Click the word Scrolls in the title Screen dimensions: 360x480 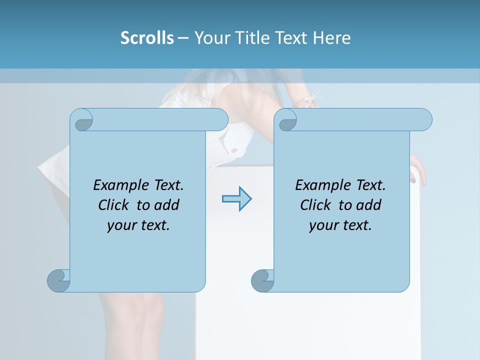(x=147, y=38)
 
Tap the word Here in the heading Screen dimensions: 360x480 (x=331, y=38)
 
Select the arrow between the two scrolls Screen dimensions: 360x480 (x=236, y=199)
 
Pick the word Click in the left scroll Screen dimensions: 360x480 (x=113, y=205)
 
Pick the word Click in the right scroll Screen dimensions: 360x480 (x=315, y=205)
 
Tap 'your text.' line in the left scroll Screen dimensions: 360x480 (x=138, y=225)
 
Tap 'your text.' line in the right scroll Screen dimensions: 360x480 (x=340, y=225)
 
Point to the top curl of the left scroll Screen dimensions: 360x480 (x=82, y=120)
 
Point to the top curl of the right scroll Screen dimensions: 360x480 (x=286, y=120)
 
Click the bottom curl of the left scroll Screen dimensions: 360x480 (x=58, y=280)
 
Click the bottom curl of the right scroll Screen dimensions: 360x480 (x=262, y=280)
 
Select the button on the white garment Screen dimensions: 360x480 (x=233, y=149)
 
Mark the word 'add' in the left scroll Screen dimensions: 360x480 (x=167, y=205)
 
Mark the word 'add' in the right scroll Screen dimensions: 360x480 (x=369, y=205)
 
